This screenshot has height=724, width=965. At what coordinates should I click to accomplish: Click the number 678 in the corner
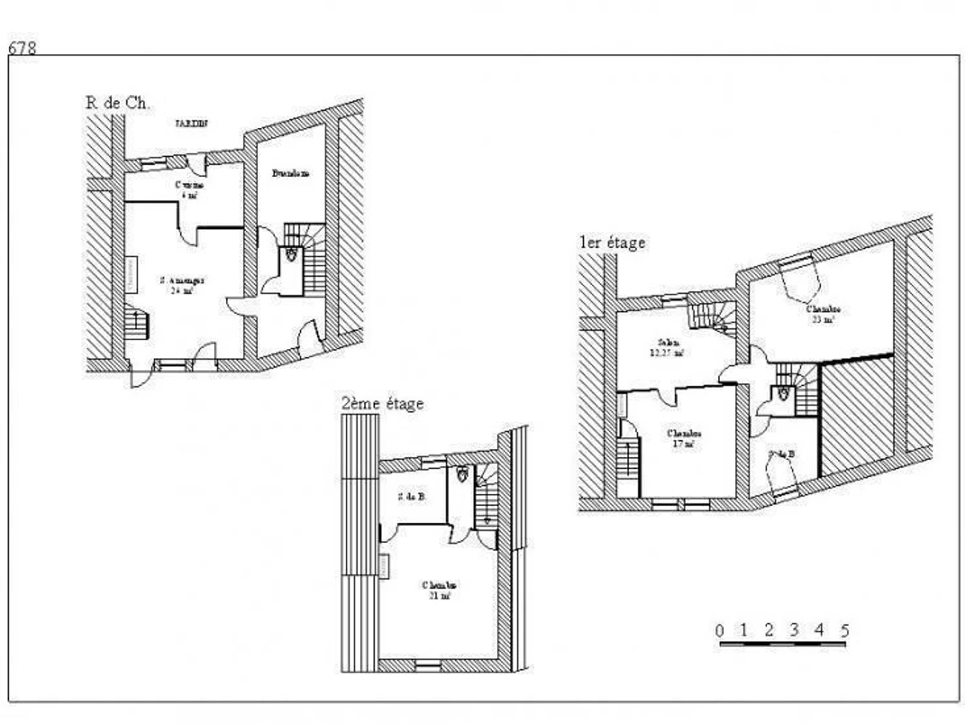pos(22,47)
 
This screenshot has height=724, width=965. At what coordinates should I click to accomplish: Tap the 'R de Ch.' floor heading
pos(118,102)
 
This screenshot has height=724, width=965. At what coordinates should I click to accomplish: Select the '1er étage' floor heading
pos(612,242)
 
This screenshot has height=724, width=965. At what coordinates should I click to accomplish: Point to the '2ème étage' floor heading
pos(383,404)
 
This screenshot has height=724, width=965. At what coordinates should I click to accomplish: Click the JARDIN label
pos(191,124)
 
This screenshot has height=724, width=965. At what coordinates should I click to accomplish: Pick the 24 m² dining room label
pos(182,286)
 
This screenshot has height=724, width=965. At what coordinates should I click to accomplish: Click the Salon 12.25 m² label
pos(667,348)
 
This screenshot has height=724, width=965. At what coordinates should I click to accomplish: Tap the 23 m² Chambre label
pos(823,314)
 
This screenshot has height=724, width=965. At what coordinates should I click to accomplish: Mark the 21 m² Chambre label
pos(440,590)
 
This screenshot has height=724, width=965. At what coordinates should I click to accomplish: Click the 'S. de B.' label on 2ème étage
pos(411,496)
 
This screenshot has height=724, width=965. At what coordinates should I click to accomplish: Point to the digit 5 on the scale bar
pos(844,630)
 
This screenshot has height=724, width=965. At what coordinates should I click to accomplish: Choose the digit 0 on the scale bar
pos(720,630)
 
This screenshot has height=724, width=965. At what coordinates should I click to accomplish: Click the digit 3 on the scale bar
pos(795,630)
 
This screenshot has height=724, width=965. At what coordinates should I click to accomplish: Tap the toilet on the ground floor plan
pos(290,253)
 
